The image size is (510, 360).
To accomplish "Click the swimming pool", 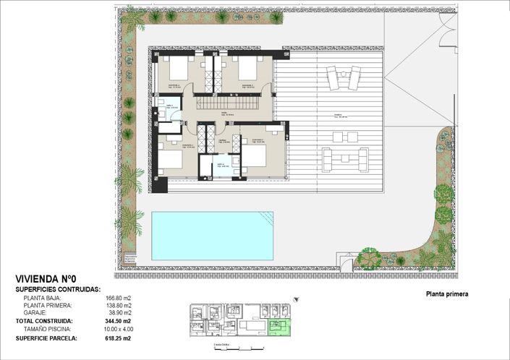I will [x=212, y=236].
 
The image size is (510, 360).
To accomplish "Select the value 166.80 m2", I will [x=119, y=298].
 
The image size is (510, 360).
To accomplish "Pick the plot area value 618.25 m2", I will [x=119, y=338].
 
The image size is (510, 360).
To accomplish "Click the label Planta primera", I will [x=447, y=294].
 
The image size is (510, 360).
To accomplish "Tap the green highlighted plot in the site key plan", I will [x=279, y=329].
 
